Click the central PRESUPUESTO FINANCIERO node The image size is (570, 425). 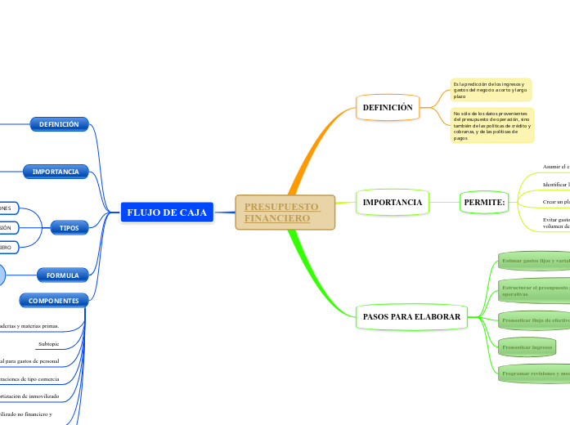285,212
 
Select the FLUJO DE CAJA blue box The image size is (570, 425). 167,212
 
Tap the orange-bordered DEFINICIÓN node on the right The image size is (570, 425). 388,107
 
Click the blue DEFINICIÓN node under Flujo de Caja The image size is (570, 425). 59,124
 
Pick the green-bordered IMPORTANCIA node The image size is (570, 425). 392,202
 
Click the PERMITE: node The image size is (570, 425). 484,202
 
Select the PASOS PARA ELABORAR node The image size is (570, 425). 411,316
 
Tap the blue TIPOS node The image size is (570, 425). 70,228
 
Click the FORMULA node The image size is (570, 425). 62,275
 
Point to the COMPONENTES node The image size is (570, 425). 53,301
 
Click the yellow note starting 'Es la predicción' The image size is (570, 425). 491,90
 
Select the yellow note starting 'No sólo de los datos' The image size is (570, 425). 492,125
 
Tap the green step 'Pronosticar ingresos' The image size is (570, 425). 527,347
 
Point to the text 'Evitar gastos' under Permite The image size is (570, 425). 555,223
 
